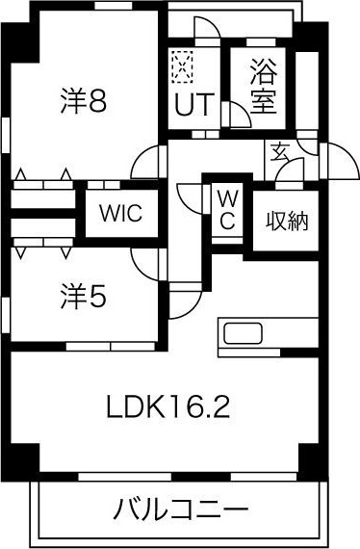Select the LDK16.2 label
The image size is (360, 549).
(x=167, y=407)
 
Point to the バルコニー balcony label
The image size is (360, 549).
(x=180, y=509)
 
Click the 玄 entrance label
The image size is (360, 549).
(x=278, y=151)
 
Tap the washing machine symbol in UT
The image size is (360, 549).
(x=183, y=65)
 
